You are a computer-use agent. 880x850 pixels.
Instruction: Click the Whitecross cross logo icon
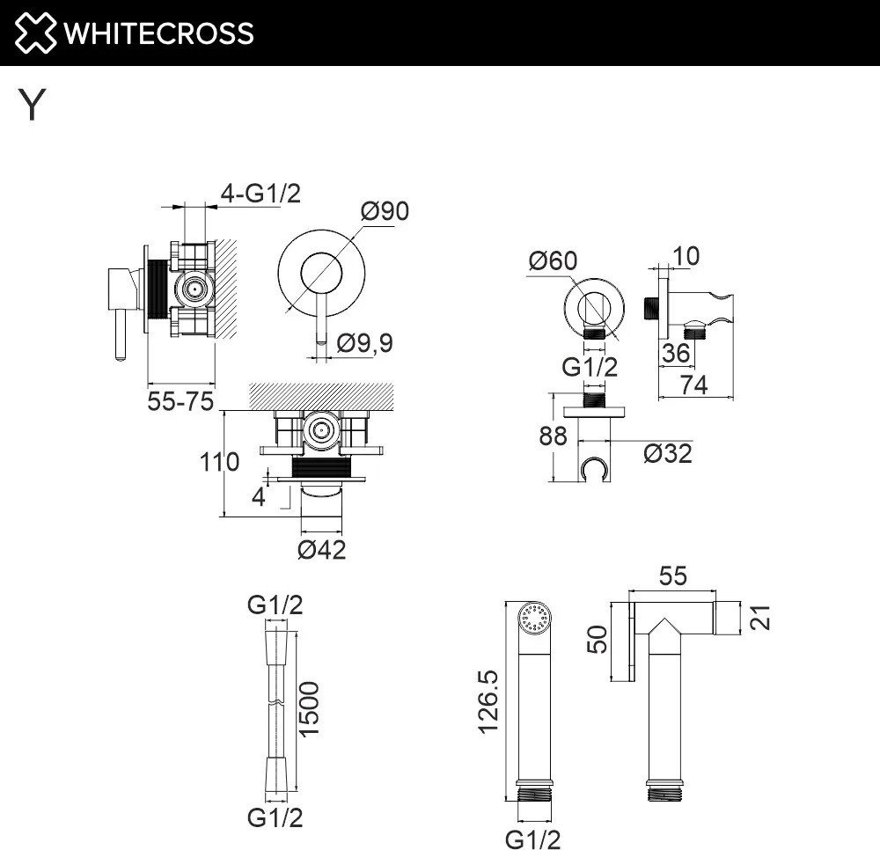(35, 33)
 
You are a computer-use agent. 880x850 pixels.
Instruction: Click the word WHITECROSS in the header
(158, 33)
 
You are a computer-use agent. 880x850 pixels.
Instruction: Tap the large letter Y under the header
(32, 105)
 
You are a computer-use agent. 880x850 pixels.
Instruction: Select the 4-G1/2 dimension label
(260, 194)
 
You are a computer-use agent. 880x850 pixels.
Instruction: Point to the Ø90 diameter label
(385, 211)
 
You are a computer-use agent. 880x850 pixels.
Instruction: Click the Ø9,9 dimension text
(365, 343)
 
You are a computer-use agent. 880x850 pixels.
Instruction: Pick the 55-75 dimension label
(180, 401)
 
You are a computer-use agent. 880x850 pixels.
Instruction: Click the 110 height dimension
(219, 462)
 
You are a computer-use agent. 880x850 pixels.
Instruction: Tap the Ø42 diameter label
(321, 550)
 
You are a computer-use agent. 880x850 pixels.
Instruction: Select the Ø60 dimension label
(553, 260)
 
